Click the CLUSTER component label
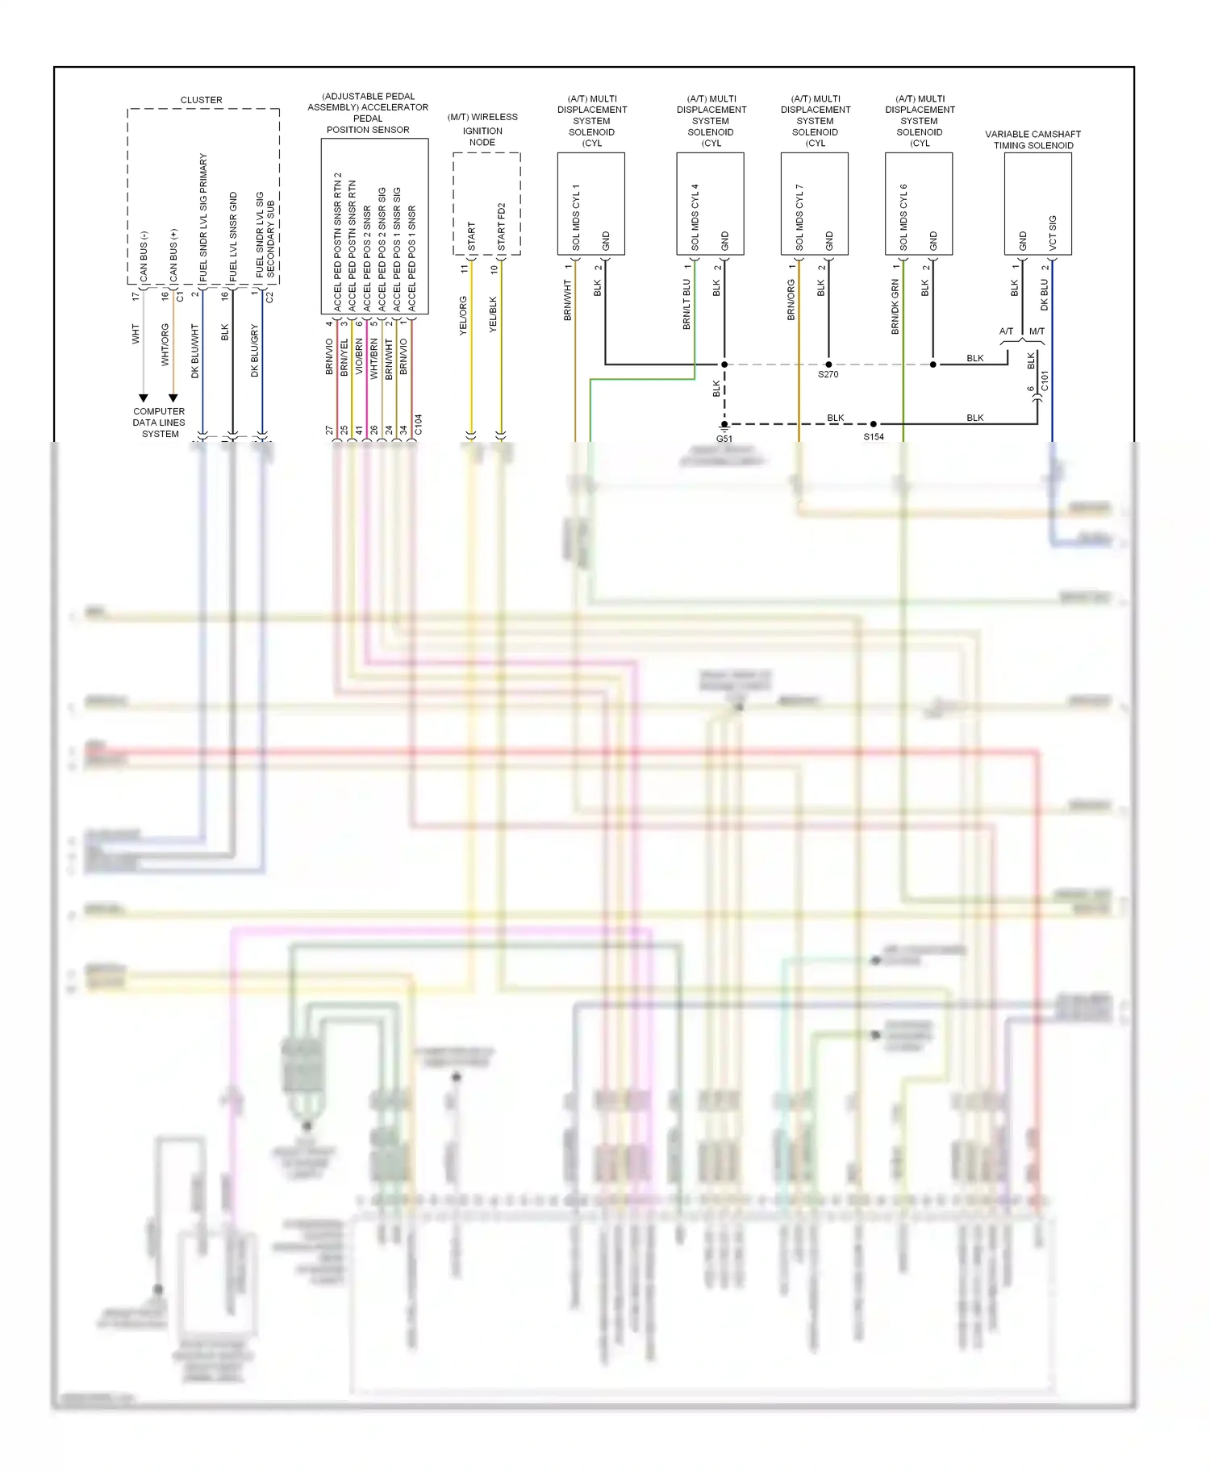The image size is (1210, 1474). pyautogui.click(x=201, y=100)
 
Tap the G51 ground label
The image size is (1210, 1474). pyautogui.click(x=724, y=439)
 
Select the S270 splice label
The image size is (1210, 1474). pyautogui.click(x=828, y=375)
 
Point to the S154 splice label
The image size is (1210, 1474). pyautogui.click(x=873, y=437)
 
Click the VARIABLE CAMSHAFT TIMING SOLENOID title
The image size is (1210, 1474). pyautogui.click(x=1033, y=139)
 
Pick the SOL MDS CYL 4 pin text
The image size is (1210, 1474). pyautogui.click(x=695, y=216)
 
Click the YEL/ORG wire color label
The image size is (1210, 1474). pyautogui.click(x=463, y=316)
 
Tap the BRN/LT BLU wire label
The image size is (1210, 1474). pyautogui.click(x=686, y=304)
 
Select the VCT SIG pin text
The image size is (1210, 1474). pyautogui.click(x=1052, y=232)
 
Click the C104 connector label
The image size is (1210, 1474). pyautogui.click(x=418, y=425)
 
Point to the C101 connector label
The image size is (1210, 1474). pyautogui.click(x=1045, y=381)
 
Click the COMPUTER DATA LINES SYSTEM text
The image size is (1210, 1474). pyautogui.click(x=159, y=423)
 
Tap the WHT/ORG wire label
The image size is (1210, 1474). pyautogui.click(x=165, y=344)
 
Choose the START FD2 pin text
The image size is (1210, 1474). pyautogui.click(x=501, y=227)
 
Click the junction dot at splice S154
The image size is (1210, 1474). pyautogui.click(x=873, y=424)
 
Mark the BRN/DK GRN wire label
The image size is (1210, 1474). pyautogui.click(x=895, y=307)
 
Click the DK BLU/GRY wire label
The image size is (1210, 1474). pyautogui.click(x=254, y=351)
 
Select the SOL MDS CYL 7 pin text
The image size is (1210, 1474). pyautogui.click(x=799, y=216)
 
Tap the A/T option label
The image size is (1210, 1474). pyautogui.click(x=1006, y=331)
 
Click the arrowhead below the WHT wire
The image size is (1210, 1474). pyautogui.click(x=144, y=398)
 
